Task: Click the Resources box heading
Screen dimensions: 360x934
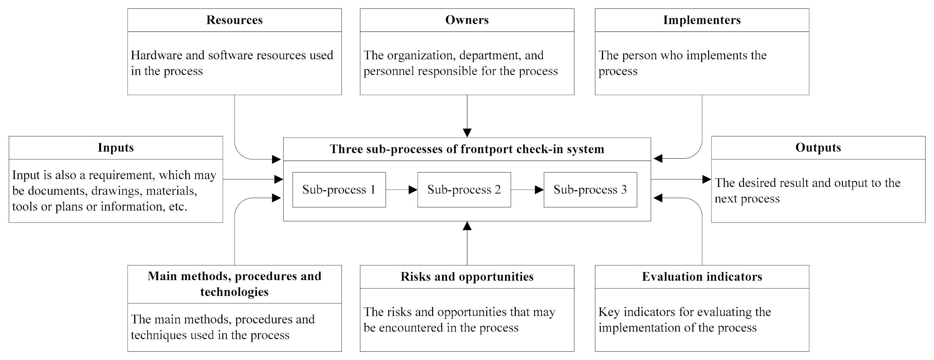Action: (x=234, y=20)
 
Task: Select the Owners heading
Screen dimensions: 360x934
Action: (x=467, y=20)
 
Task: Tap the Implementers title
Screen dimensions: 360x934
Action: (x=702, y=20)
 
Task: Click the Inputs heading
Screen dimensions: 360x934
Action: (x=116, y=148)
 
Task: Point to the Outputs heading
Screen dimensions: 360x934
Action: (x=818, y=148)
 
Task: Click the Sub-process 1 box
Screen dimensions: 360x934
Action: (x=339, y=190)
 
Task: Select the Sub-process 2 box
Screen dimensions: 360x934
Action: (x=464, y=190)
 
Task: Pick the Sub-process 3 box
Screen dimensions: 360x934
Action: (x=590, y=190)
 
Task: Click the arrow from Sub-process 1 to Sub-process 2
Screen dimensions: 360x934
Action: (x=401, y=190)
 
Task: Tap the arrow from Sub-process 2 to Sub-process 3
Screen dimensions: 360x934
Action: (x=527, y=190)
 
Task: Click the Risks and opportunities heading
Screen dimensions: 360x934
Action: (x=467, y=277)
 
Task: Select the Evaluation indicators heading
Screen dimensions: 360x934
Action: (x=702, y=277)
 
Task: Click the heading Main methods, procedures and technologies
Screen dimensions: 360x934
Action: (x=234, y=284)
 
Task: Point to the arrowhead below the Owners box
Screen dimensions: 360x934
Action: (x=467, y=133)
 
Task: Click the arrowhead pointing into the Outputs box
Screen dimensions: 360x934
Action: (x=706, y=179)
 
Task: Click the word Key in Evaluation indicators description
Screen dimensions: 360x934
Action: (x=609, y=312)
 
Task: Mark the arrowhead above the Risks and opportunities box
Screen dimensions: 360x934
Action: (x=467, y=226)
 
